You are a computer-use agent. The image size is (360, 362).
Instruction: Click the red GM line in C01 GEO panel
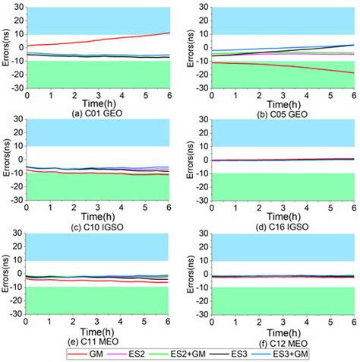[x=114, y=39]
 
